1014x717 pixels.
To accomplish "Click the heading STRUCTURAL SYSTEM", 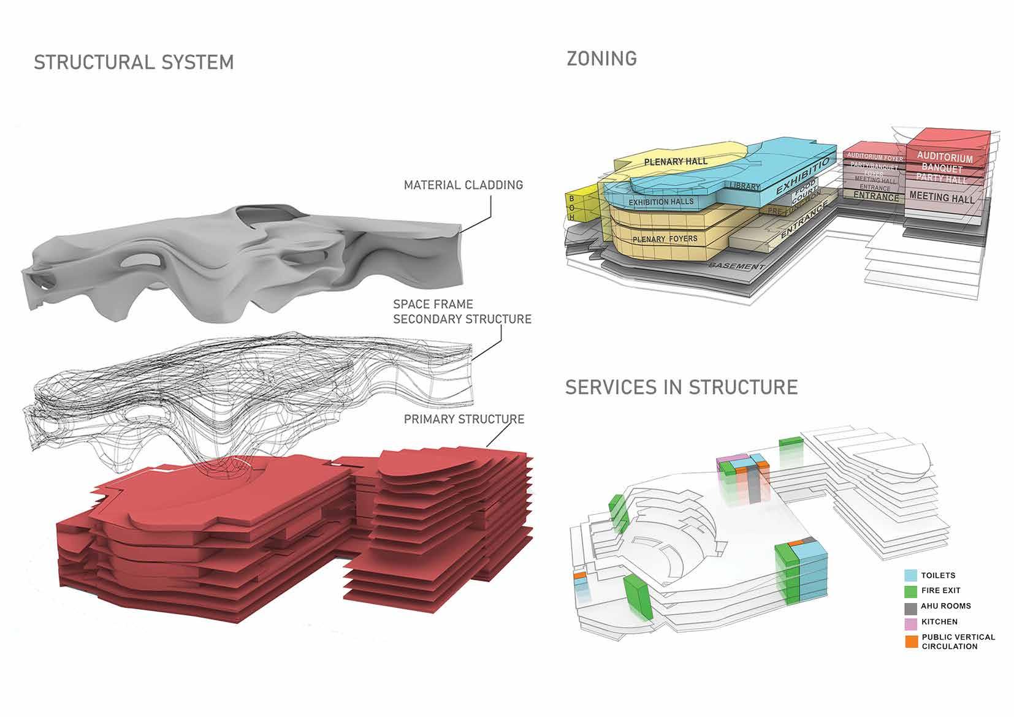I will pyautogui.click(x=134, y=63).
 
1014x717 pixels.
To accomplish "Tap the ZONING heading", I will pyautogui.click(x=601, y=59).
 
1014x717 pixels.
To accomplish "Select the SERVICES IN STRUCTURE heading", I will pyautogui.click(x=681, y=387).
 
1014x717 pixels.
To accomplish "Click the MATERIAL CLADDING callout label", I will pyautogui.click(x=463, y=184).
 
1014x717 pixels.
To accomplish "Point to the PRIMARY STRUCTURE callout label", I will pyautogui.click(x=463, y=419).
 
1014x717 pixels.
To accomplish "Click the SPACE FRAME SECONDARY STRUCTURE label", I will pyautogui.click(x=462, y=311).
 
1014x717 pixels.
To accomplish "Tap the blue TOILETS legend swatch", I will pyautogui.click(x=911, y=575).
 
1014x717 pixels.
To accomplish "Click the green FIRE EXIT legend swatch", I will pyautogui.click(x=911, y=591).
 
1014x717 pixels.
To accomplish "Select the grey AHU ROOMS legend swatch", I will pyautogui.click(x=911, y=606).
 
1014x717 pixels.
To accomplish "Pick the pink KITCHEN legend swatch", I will pyautogui.click(x=911, y=621).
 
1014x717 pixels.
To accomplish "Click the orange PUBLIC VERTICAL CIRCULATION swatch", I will pyautogui.click(x=911, y=641).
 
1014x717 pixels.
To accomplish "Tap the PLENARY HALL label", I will pyautogui.click(x=676, y=162).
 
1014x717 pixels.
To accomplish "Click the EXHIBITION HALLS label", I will pyautogui.click(x=661, y=202).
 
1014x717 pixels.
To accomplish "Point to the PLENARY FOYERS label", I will pyautogui.click(x=665, y=239).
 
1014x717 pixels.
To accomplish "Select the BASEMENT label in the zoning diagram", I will pyautogui.click(x=736, y=266).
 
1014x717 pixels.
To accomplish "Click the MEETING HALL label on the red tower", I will pyautogui.click(x=942, y=197).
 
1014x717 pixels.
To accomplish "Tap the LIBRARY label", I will pyautogui.click(x=745, y=186).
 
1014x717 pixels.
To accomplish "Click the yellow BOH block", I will pyautogui.click(x=572, y=208).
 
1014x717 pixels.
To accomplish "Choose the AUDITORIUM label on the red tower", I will pyautogui.click(x=945, y=157).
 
